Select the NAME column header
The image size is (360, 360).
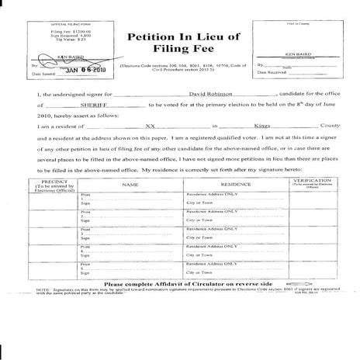[130, 185]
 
